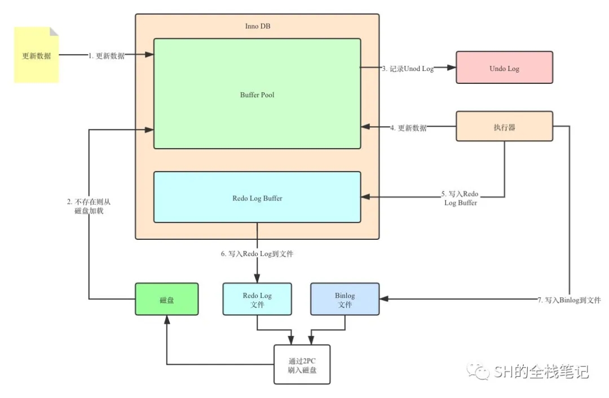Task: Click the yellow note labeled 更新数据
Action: tap(36, 55)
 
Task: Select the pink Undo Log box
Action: tap(504, 68)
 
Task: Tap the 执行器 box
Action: tap(504, 127)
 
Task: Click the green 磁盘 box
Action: tap(167, 299)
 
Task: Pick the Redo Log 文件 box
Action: tap(257, 299)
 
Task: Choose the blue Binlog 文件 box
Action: tap(345, 299)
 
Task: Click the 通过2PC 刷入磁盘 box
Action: tap(302, 364)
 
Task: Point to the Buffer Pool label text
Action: tap(257, 95)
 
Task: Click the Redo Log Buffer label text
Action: tap(257, 198)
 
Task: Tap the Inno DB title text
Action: tap(257, 26)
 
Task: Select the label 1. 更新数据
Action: tap(107, 55)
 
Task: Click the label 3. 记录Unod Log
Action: tap(408, 68)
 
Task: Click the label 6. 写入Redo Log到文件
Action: tap(257, 253)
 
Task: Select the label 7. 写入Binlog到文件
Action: tap(568, 300)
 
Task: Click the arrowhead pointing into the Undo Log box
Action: tap(452, 68)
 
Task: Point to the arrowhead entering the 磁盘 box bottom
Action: tap(167, 319)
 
